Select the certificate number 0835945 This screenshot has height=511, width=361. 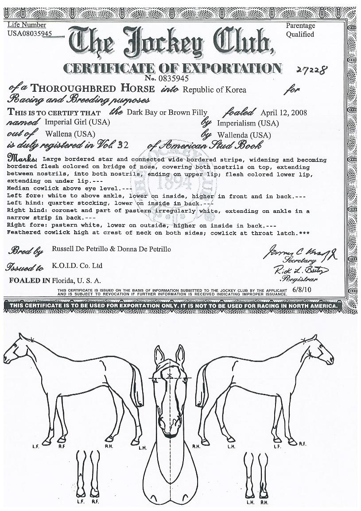pos(177,78)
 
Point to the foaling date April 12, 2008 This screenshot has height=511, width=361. pos(283,112)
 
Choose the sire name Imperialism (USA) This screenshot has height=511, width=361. pos(248,123)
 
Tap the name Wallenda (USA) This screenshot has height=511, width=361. pos(244,135)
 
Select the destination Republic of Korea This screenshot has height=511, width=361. pos(214,90)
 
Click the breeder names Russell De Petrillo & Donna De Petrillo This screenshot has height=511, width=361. pos(111,249)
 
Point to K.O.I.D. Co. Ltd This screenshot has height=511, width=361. pos(77,265)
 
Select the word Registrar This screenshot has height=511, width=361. pos(297,280)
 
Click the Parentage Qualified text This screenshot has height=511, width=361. pos(300,30)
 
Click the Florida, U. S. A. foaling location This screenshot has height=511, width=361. pos(76,280)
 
